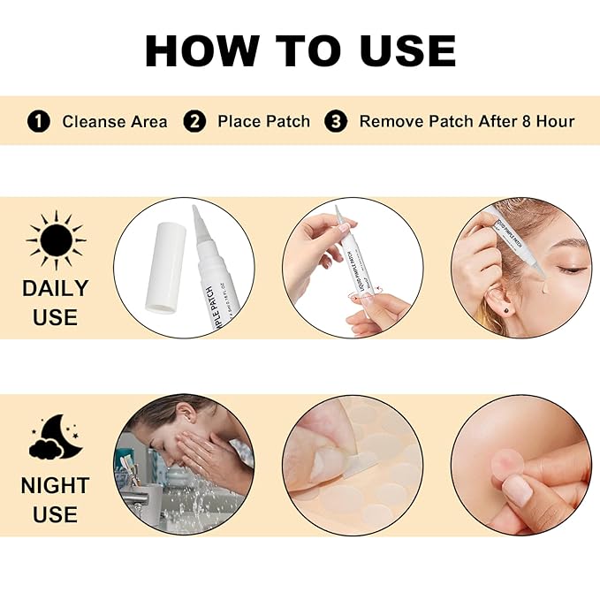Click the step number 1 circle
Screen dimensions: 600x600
pos(38,121)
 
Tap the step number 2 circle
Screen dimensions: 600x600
pos(194,121)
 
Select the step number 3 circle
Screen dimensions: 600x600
pos(336,121)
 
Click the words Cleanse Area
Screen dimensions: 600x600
pos(114,122)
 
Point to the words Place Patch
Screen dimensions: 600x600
pos(263,122)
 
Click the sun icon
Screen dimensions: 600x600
pos(56,240)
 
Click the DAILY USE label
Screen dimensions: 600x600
pos(56,301)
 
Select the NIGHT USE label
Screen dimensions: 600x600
pos(56,499)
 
